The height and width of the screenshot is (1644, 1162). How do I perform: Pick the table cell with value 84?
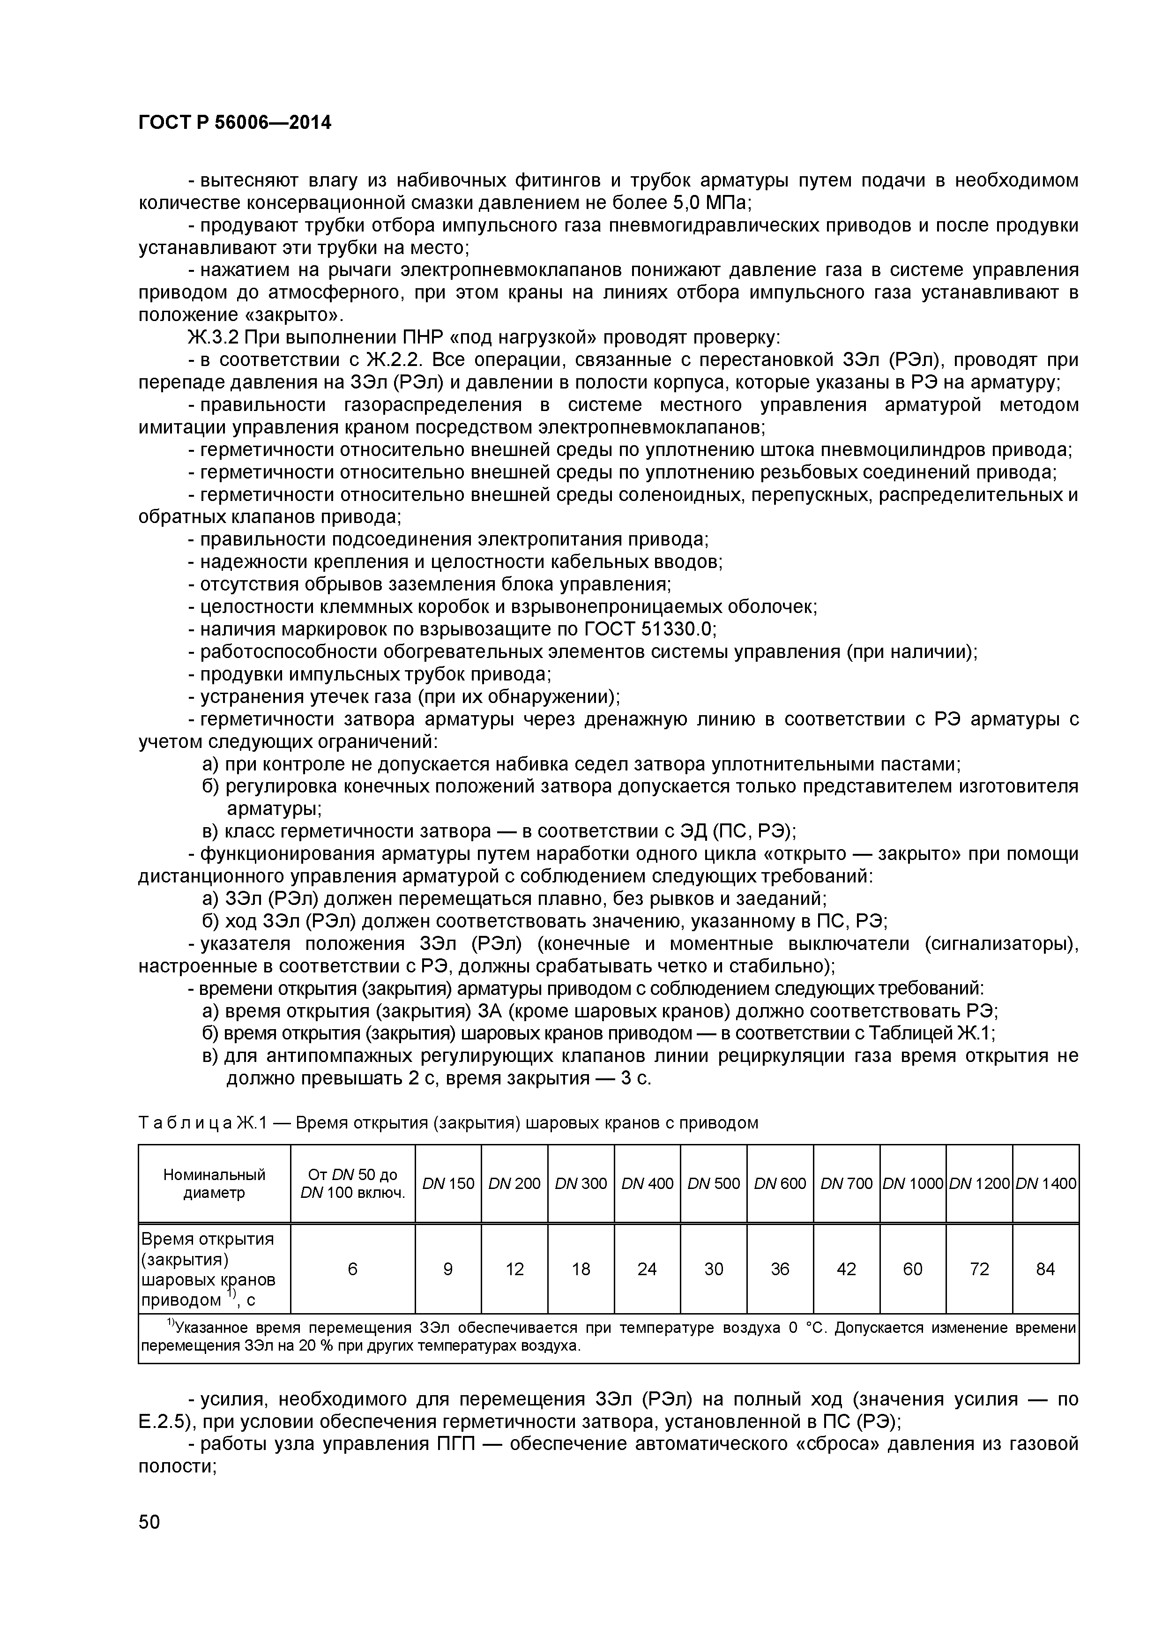click(x=1045, y=1269)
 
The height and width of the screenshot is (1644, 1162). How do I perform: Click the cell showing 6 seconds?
click(x=352, y=1269)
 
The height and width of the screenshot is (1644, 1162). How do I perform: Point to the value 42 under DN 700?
click(x=846, y=1269)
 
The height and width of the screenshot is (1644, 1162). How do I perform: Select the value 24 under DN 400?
click(x=647, y=1269)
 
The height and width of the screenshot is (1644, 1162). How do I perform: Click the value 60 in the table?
click(x=913, y=1269)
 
